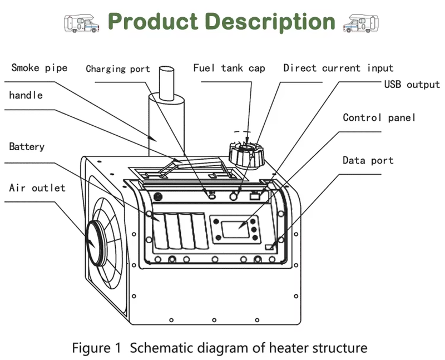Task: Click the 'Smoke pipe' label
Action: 39,68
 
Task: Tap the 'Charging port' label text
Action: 117,69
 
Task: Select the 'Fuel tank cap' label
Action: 229,68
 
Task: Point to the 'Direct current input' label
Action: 338,68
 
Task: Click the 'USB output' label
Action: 412,85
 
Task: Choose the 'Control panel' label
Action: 379,117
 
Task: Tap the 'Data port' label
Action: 368,160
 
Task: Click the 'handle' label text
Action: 26,95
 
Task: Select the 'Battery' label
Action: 27,147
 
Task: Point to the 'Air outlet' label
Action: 37,188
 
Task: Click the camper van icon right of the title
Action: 361,23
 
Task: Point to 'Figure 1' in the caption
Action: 96,348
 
